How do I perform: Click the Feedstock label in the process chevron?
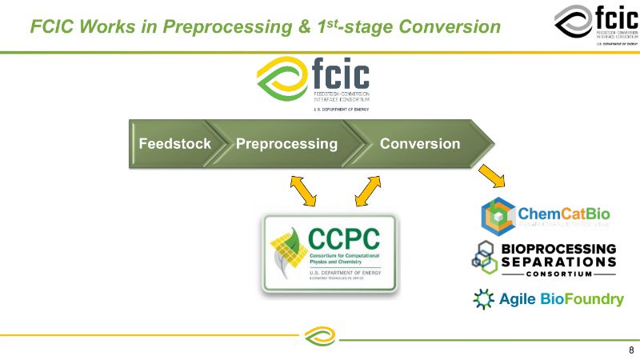(174, 144)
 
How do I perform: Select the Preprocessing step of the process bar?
(286, 144)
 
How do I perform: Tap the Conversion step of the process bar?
(420, 144)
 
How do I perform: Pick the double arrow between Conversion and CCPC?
(368, 191)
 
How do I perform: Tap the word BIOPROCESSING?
(558, 249)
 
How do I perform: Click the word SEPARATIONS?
(558, 262)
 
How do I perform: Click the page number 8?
(631, 350)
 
